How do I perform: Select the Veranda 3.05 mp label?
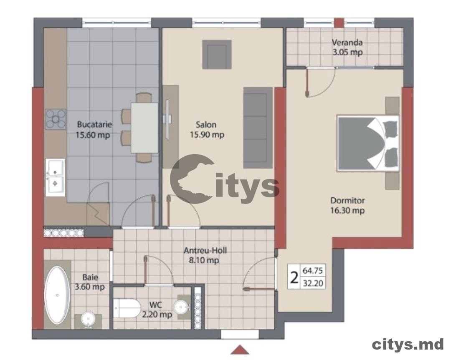click(347, 47)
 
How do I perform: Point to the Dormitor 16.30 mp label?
click(347, 206)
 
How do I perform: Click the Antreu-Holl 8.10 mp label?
click(202, 255)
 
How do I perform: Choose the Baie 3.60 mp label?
click(90, 282)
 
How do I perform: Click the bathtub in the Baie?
click(57, 295)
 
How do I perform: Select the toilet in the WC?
click(127, 308)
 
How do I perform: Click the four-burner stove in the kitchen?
click(56, 119)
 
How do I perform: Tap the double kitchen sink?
click(55, 177)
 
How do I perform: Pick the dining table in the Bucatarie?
click(144, 128)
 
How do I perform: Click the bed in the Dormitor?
click(368, 143)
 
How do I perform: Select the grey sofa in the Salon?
click(258, 128)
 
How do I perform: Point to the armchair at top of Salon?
click(217, 54)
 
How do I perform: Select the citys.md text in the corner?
click(408, 344)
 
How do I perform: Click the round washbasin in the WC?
click(181, 307)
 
